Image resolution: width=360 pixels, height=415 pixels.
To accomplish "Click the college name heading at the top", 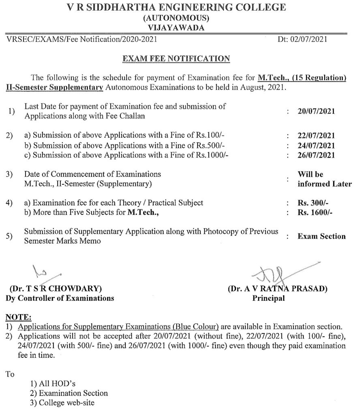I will pos(176,7).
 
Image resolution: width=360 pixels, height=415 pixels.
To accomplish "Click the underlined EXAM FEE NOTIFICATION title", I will pos(176,59).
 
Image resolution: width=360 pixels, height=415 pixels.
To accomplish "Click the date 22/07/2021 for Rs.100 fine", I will pos(316,136).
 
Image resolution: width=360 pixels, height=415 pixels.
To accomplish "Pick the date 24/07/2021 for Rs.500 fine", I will pos(316,145).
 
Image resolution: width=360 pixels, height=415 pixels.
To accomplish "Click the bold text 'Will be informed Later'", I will pos(321,179).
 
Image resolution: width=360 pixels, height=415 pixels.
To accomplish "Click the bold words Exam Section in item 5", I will pos(321,236).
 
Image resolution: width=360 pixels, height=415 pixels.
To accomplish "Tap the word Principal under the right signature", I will pos(268,298).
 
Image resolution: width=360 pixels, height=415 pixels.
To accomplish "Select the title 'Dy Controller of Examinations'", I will pos(60,298).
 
